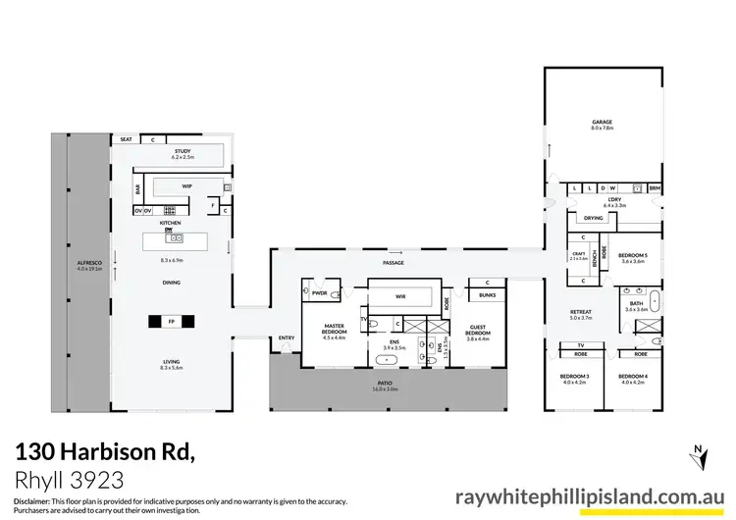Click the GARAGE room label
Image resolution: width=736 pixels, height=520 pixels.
tap(602, 123)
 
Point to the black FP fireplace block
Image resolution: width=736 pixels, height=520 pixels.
tap(171, 321)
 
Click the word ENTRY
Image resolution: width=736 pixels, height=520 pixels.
tap(287, 338)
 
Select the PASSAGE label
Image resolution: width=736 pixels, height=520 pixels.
tap(393, 263)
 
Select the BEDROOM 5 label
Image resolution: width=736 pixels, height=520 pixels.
tap(632, 258)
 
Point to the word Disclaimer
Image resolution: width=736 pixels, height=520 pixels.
tap(35, 501)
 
